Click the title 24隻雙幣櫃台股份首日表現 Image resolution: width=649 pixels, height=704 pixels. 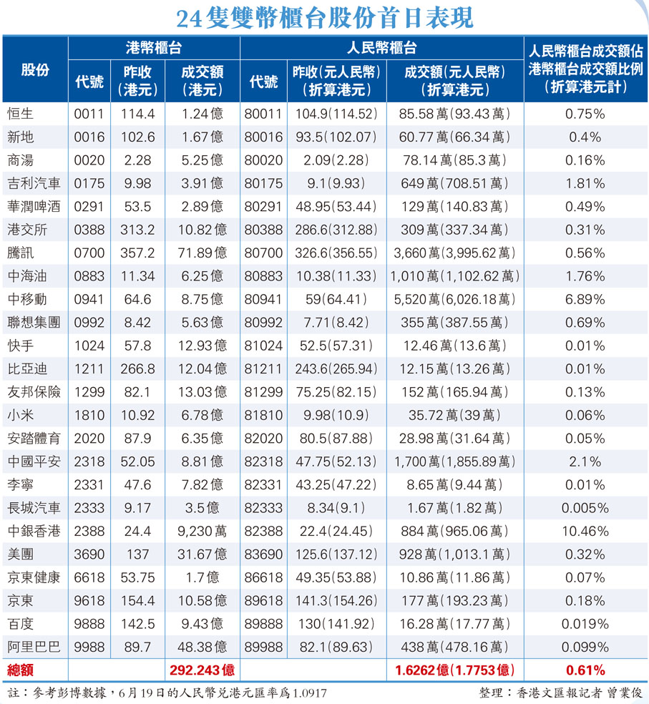click(324, 17)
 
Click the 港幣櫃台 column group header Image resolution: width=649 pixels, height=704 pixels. click(153, 48)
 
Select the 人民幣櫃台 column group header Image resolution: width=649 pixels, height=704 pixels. click(381, 48)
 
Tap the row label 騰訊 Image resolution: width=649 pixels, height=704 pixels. click(21, 253)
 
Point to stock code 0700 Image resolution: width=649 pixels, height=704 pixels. click(89, 253)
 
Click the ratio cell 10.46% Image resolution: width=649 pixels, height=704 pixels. click(585, 532)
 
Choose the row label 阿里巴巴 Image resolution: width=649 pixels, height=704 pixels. click(33, 647)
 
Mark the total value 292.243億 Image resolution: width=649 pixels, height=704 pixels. click(202, 670)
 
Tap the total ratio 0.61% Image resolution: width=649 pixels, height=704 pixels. click(585, 670)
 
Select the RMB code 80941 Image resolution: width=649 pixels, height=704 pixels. click(263, 299)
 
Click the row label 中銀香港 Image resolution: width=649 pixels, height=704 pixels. click(33, 532)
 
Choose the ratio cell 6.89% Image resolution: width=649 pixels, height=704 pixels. click(585, 299)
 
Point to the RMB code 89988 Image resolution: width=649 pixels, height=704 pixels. click(263, 647)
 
